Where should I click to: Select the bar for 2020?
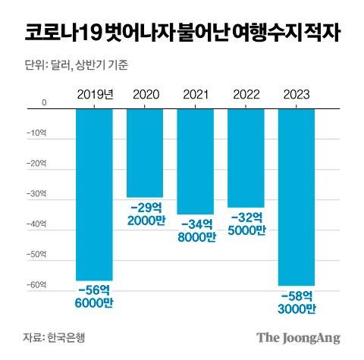144,152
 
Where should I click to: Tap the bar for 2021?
195,160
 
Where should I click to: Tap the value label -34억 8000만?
195,230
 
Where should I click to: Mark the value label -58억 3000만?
297,301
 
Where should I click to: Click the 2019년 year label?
95,95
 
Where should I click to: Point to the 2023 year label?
297,95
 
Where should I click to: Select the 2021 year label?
195,95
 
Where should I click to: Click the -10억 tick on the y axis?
36,133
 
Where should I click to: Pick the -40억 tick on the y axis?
36,225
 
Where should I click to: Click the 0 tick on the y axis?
43,102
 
